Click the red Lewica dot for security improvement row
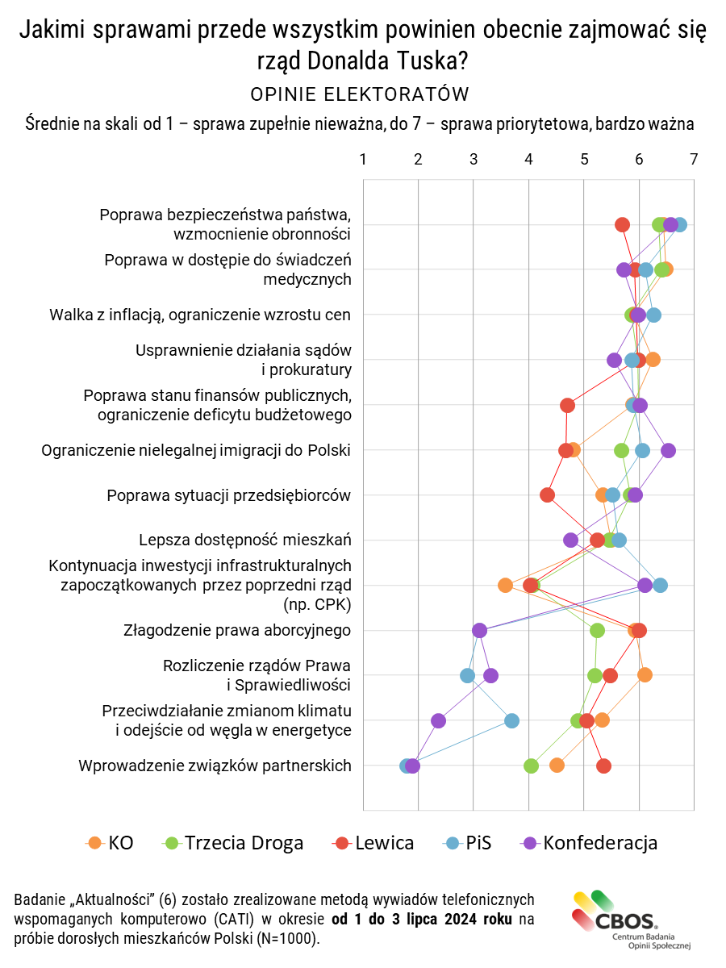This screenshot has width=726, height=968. click(x=622, y=224)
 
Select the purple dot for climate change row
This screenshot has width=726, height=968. click(x=438, y=720)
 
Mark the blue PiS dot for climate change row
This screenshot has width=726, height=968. click(x=511, y=720)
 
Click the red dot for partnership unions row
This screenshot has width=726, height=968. click(x=603, y=766)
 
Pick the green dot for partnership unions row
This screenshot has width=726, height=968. click(x=531, y=766)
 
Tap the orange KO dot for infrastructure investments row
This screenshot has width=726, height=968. click(x=506, y=585)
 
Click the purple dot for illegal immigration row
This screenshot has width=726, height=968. click(x=668, y=450)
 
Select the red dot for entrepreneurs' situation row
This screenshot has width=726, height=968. click(x=548, y=494)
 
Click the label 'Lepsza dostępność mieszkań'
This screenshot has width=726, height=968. click(x=244, y=540)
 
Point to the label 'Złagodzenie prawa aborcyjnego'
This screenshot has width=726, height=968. click(x=237, y=630)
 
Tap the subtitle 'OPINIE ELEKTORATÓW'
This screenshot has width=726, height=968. click(x=360, y=94)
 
